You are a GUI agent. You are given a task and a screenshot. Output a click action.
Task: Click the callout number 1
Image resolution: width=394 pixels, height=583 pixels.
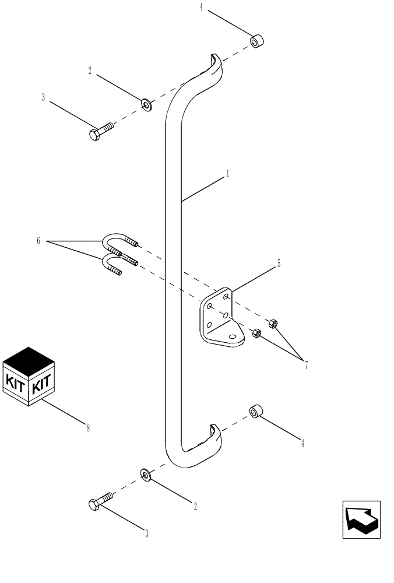227,174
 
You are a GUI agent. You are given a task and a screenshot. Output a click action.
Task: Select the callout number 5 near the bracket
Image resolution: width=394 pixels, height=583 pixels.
279,264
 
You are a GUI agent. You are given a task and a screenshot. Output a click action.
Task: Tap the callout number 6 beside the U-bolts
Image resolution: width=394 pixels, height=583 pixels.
38,241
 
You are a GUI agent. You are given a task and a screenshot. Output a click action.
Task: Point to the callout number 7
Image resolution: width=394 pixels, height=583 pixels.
305,366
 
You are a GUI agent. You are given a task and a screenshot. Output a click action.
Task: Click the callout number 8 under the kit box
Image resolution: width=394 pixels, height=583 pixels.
88,428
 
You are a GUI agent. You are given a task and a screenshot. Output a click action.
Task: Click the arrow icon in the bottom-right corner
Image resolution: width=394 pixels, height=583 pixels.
361,519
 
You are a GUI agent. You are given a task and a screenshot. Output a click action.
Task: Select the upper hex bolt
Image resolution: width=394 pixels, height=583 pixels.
101,132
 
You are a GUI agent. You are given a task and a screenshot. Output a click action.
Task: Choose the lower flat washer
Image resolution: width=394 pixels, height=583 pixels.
145,475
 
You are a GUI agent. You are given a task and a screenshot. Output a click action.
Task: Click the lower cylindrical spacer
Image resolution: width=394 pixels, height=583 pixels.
255,412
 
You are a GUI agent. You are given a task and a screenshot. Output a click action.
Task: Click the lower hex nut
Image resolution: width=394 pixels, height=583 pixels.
255,333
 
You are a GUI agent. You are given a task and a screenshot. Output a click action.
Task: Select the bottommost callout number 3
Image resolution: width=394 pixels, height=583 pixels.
147,533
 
